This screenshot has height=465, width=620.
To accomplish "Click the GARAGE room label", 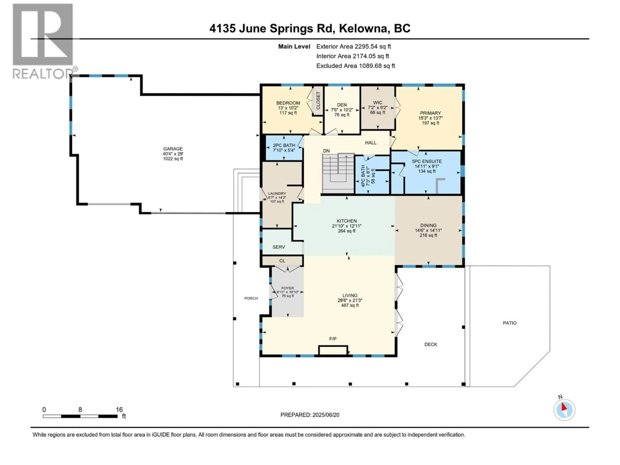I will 173,149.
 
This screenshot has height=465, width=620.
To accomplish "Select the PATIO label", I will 510,323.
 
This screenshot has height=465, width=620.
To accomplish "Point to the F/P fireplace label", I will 333,339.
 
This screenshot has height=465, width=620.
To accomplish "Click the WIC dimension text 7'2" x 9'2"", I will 377,108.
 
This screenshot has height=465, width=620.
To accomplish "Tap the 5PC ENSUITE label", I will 427,161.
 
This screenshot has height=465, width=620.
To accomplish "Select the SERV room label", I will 279,247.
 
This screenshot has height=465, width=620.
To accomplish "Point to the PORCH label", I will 251,298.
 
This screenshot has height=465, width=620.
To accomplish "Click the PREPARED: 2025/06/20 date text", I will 310,415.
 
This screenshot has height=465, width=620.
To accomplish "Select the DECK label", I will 430,345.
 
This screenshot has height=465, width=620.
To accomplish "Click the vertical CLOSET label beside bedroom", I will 318,101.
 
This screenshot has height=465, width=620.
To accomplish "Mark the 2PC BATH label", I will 284,145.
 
